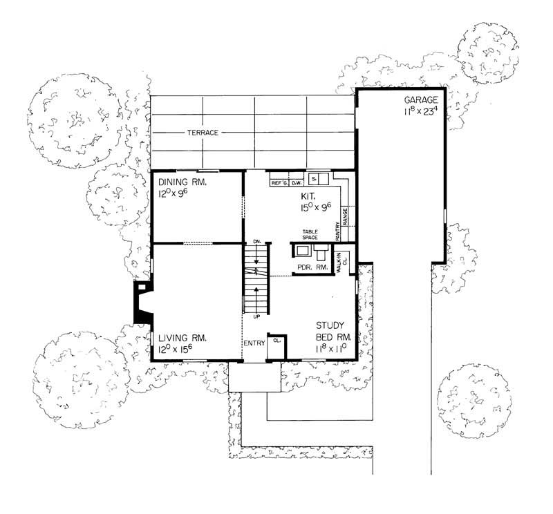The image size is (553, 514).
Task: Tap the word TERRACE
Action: click(x=202, y=132)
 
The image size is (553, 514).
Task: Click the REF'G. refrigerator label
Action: click(x=279, y=183)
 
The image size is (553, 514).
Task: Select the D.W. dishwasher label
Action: click(x=295, y=183)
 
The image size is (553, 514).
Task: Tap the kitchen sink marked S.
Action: click(x=315, y=179)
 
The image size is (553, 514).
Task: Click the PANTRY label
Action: click(x=337, y=230)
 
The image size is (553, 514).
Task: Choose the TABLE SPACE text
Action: click(x=309, y=235)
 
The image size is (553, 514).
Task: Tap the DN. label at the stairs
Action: click(x=256, y=241)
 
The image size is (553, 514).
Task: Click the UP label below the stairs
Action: click(x=256, y=316)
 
